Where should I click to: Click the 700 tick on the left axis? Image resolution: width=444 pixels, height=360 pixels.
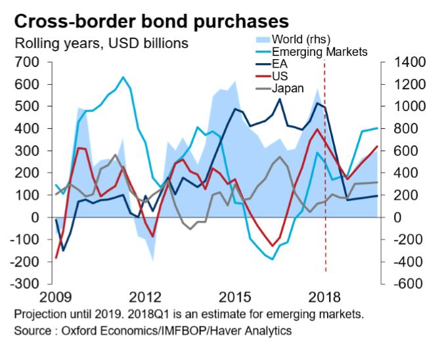(x=29, y=62)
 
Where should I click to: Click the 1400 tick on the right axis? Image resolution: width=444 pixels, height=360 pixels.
(x=409, y=62)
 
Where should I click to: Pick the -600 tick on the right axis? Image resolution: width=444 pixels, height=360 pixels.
(x=409, y=284)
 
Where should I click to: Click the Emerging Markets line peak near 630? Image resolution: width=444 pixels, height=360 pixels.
(x=123, y=78)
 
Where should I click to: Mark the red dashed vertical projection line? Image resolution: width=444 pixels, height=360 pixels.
(x=326, y=197)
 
